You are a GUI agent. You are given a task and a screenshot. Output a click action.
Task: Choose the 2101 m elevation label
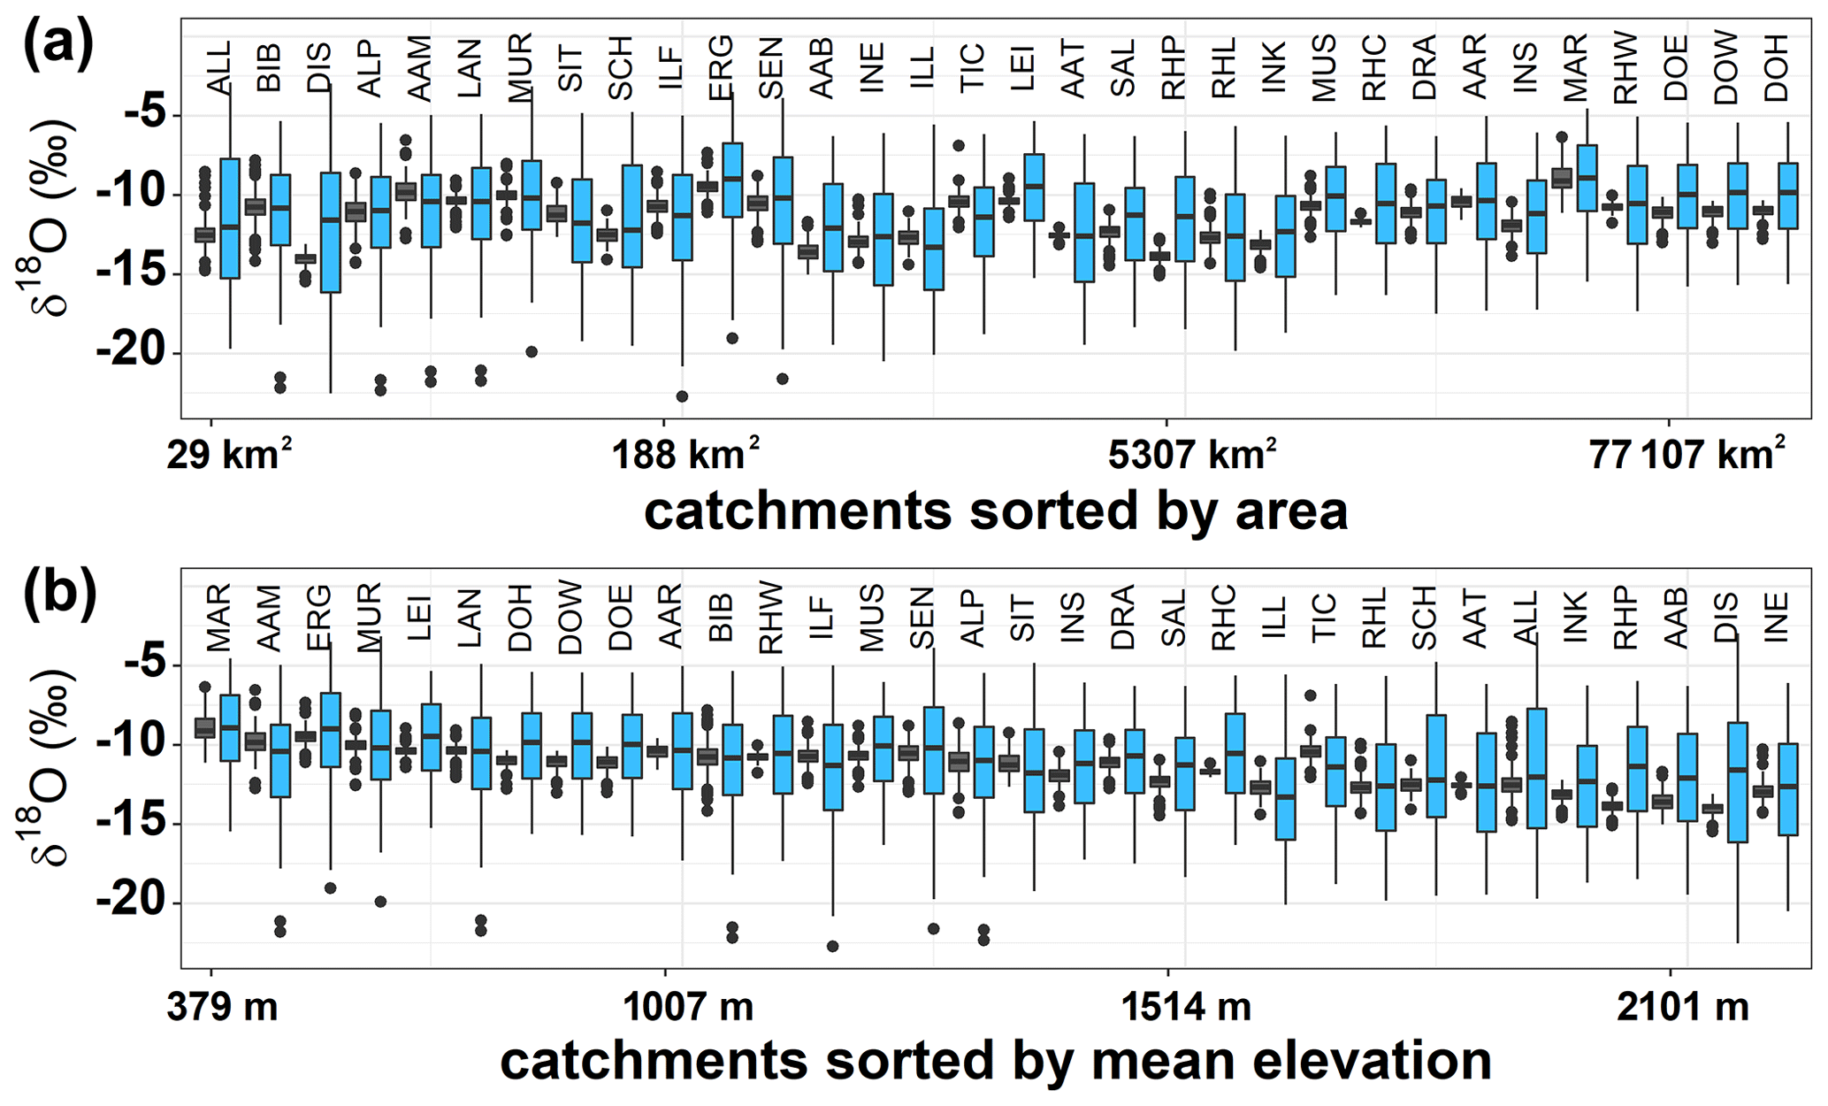[1683, 1007]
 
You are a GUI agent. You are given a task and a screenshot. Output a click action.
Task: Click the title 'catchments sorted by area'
[996, 511]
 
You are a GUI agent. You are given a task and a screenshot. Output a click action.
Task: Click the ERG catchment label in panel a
[722, 67]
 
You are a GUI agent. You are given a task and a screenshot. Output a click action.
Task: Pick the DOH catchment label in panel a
[1776, 67]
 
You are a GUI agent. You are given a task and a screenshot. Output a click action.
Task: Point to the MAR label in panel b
[218, 617]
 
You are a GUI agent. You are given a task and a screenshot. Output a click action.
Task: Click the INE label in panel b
[1776, 617]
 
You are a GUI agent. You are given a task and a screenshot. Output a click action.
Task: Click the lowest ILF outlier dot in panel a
[682, 396]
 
